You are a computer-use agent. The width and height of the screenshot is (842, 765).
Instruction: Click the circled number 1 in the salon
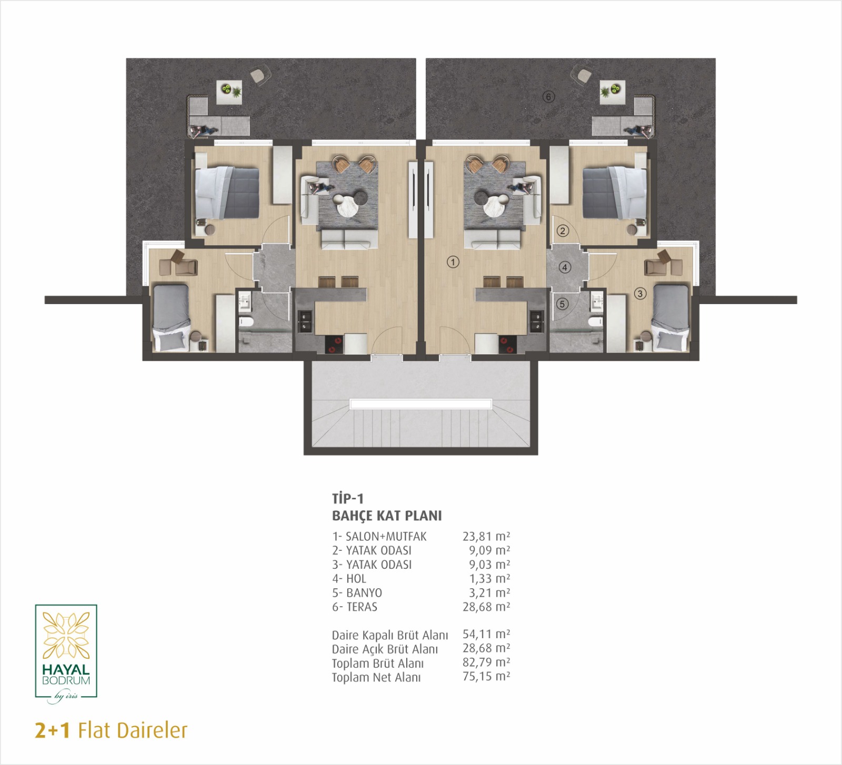click(x=453, y=261)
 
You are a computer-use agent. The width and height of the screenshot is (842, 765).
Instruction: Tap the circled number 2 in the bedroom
click(x=563, y=230)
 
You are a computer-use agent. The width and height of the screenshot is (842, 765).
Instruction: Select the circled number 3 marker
click(x=640, y=294)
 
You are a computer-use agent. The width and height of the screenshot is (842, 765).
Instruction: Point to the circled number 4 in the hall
click(x=565, y=267)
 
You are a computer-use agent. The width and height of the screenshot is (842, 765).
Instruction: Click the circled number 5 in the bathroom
click(x=563, y=304)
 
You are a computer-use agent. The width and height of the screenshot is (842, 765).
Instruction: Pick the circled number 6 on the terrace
click(x=549, y=97)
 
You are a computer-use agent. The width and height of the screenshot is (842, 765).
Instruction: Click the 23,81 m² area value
click(x=486, y=536)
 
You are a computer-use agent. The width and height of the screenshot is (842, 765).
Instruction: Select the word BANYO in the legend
click(x=364, y=592)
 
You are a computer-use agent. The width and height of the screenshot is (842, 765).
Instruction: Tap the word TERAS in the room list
click(x=362, y=607)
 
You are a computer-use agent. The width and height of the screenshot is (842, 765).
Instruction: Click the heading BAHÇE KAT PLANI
click(x=387, y=516)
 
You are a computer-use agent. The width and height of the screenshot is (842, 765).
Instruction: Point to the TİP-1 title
click(x=348, y=498)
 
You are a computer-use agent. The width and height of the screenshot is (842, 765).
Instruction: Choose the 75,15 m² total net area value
click(x=486, y=676)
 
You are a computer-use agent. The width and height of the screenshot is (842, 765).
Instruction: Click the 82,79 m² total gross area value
click(x=486, y=662)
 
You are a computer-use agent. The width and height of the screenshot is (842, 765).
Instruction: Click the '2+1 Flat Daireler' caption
click(x=111, y=731)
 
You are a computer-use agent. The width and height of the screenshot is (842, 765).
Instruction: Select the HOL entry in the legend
click(x=356, y=578)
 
